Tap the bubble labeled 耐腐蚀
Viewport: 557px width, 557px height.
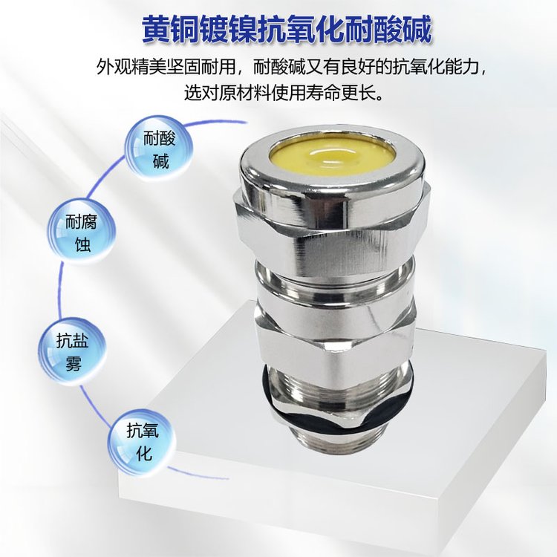coord(82,232)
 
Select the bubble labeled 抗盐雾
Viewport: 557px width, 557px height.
coord(73,351)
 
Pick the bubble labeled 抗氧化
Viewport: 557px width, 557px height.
coord(143,443)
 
